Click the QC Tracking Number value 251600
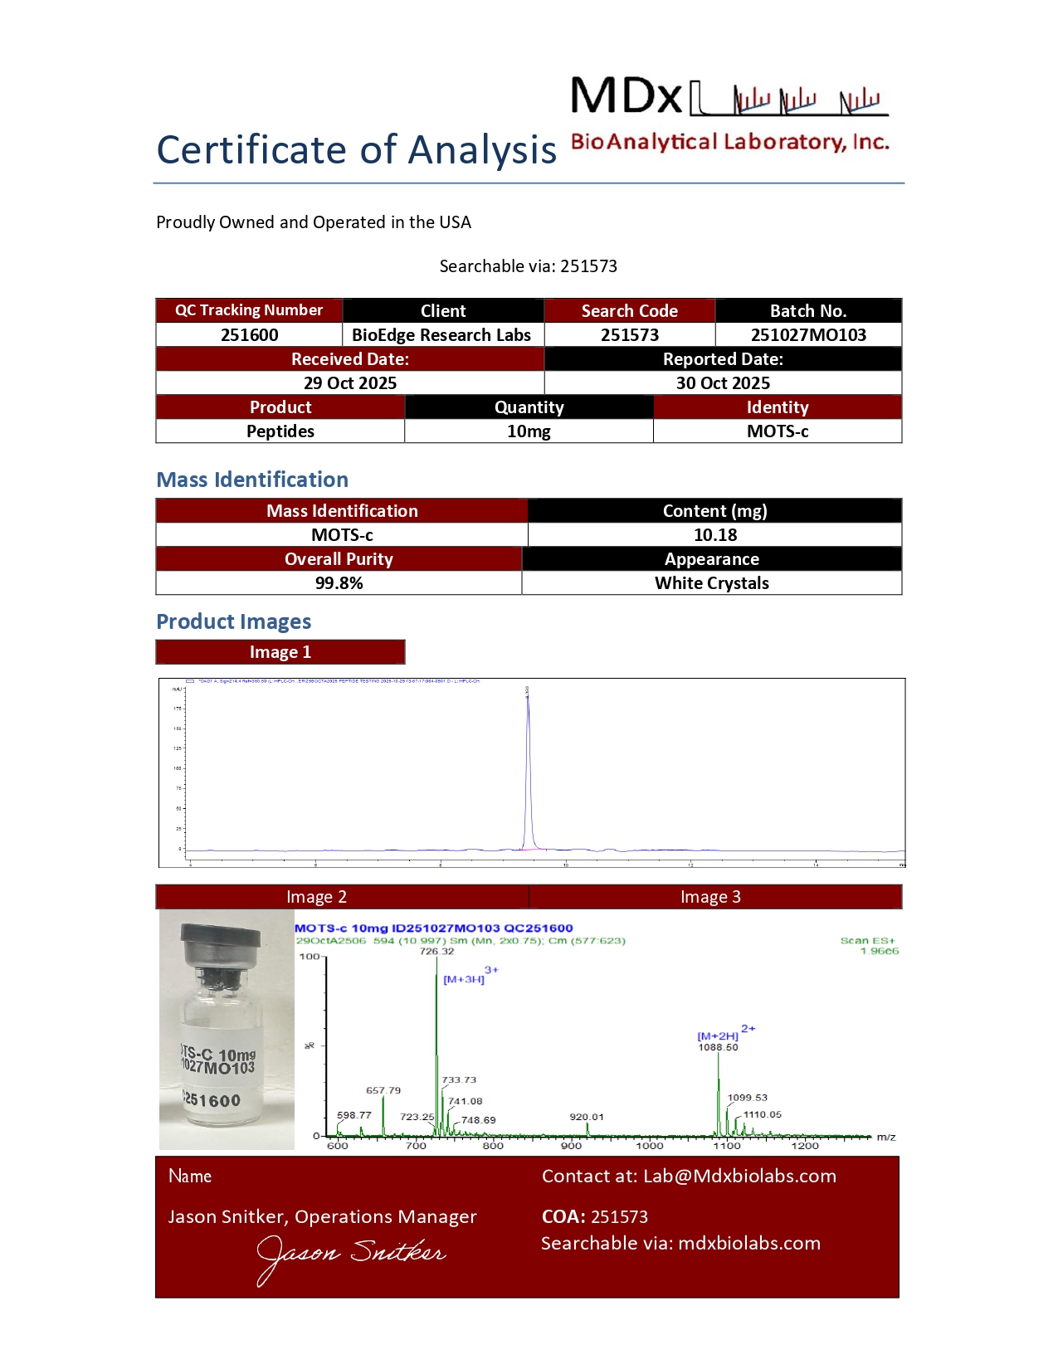[x=249, y=335]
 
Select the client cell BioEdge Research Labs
[x=441, y=335]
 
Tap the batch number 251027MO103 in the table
[x=808, y=335]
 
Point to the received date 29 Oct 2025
[x=349, y=383]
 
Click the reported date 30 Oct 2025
[x=723, y=383]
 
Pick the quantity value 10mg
[x=529, y=431]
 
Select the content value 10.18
[x=715, y=535]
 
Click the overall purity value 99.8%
[x=339, y=583]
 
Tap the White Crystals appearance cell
[x=711, y=583]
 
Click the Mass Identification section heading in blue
[x=252, y=480]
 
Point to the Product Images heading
[x=234, y=621]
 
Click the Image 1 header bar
[x=280, y=652]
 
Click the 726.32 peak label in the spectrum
[x=436, y=952]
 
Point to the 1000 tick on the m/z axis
[x=650, y=1146]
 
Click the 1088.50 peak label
[x=718, y=1047]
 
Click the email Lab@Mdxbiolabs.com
[x=739, y=1177]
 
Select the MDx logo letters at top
[x=627, y=96]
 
